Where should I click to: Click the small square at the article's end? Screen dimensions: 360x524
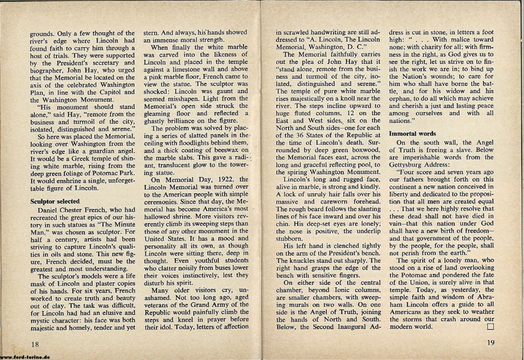coord(490,326)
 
